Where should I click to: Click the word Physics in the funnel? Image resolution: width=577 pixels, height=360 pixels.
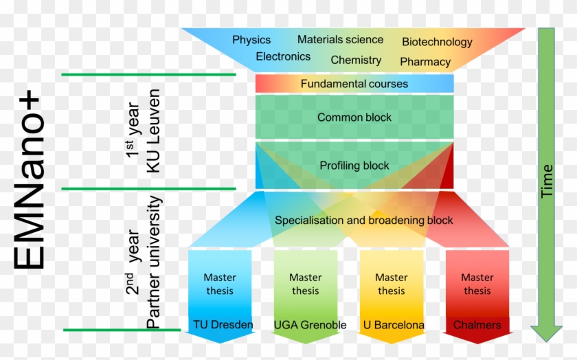coord(251,40)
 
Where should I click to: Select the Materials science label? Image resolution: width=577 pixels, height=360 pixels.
coord(340,39)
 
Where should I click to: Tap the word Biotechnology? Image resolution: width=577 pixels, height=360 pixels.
coord(437,42)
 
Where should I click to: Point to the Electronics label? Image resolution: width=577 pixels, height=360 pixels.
coord(283,57)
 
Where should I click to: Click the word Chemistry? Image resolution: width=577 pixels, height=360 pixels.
coord(356,60)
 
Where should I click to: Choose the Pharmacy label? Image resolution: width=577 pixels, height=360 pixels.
coord(425,62)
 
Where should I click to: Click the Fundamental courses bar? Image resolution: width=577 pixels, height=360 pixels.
coord(354,84)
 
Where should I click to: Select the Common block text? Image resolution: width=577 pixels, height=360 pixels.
coord(354,117)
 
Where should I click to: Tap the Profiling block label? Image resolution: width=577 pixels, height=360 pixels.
coord(354,166)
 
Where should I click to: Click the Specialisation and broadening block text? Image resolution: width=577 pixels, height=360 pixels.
coord(364,221)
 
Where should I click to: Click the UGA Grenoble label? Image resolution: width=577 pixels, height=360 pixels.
coord(310,324)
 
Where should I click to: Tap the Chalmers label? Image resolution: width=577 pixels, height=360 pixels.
coord(477,324)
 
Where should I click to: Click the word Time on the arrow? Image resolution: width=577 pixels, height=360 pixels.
coord(547,181)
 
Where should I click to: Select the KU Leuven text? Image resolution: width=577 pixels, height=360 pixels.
coord(153,131)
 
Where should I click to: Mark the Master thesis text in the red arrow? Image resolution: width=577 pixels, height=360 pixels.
coord(477,284)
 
